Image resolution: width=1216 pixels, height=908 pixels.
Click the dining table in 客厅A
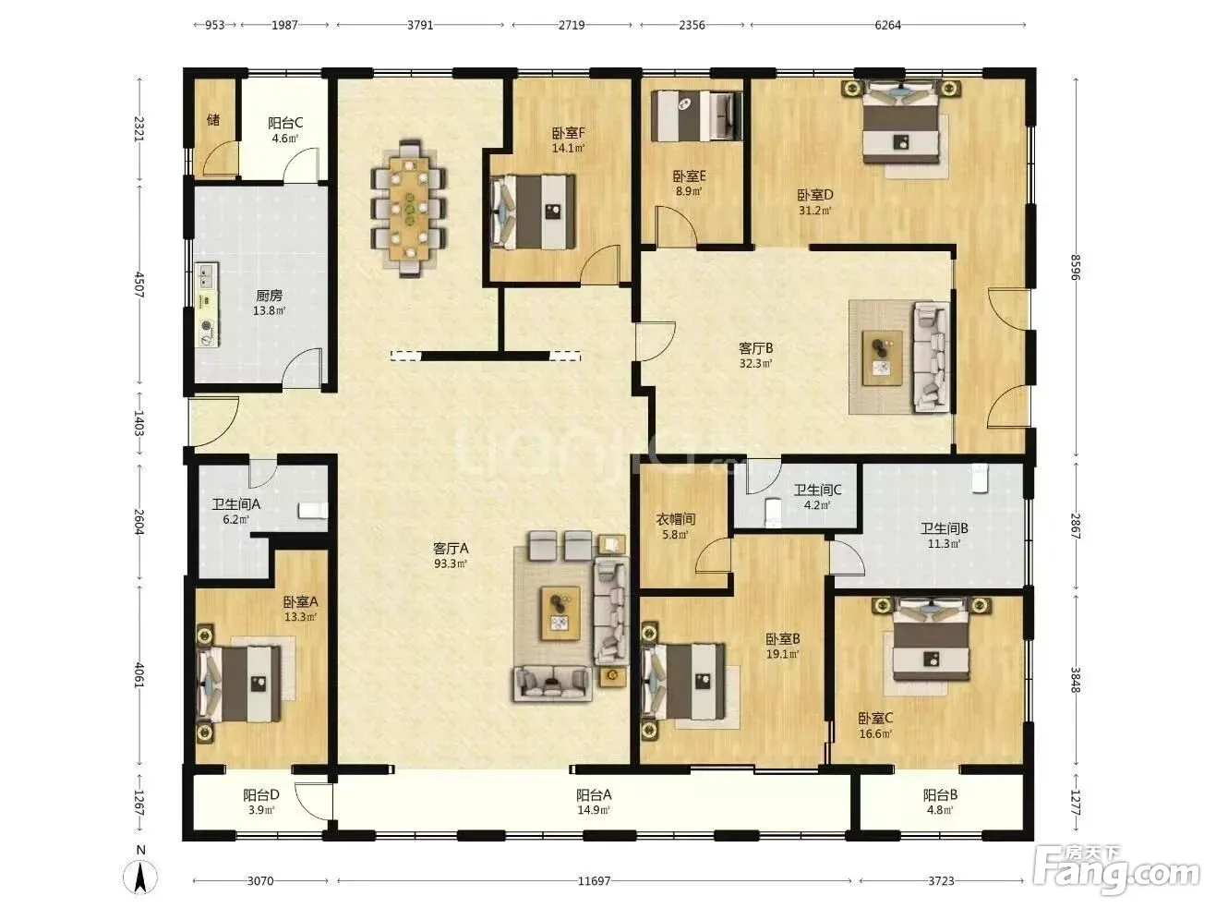click(409, 209)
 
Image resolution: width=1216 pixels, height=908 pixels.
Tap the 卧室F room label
click(569, 133)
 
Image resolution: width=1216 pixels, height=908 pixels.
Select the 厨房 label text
click(270, 296)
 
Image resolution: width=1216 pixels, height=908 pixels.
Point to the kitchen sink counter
click(208, 305)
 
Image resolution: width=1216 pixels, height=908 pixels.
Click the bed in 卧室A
click(239, 684)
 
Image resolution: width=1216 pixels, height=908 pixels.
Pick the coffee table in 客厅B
click(883, 357)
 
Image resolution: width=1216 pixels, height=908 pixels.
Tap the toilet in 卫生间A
click(313, 510)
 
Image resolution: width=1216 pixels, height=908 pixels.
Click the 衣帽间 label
click(675, 519)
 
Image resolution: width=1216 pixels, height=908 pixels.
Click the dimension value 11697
click(594, 880)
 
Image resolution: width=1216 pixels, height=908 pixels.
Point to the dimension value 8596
click(1076, 267)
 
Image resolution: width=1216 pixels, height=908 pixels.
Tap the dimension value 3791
click(420, 25)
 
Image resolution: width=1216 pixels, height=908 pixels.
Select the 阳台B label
click(940, 795)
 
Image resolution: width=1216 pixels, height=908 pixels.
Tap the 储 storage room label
click(213, 120)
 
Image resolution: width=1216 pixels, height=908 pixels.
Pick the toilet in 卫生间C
click(773, 512)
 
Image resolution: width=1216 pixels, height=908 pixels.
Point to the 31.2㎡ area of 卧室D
click(815, 211)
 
